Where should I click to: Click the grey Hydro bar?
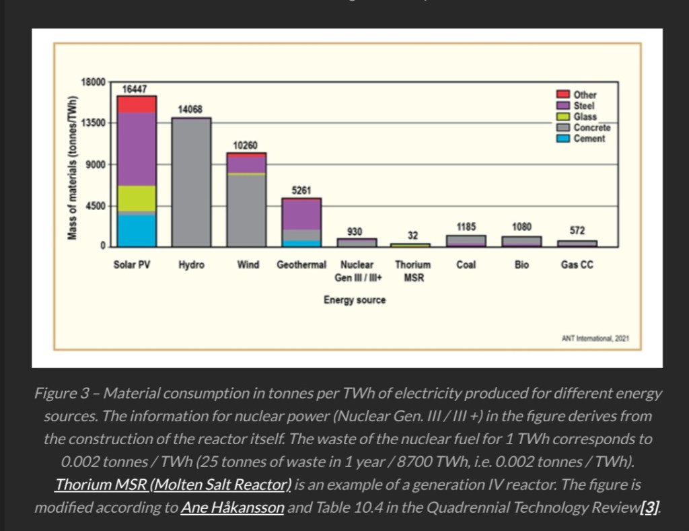coord(192,182)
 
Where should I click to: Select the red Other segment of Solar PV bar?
coord(137,104)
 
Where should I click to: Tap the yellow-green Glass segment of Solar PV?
coord(137,198)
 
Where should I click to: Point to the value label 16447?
coord(135,90)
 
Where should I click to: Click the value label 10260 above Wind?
coord(246,146)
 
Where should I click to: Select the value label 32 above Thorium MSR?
coord(412,236)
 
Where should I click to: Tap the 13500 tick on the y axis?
coord(94,123)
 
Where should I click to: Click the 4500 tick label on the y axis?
coord(96,206)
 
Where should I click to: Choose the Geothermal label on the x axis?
coord(301,265)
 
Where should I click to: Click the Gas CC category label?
coord(577,265)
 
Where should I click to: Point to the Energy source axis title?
coord(355,300)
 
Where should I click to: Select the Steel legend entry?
coord(583,106)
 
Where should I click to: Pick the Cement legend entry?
coord(589,139)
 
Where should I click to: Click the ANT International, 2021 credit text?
coord(595,338)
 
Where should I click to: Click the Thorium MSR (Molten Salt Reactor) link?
coord(174,485)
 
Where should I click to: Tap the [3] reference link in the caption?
coord(649,507)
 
